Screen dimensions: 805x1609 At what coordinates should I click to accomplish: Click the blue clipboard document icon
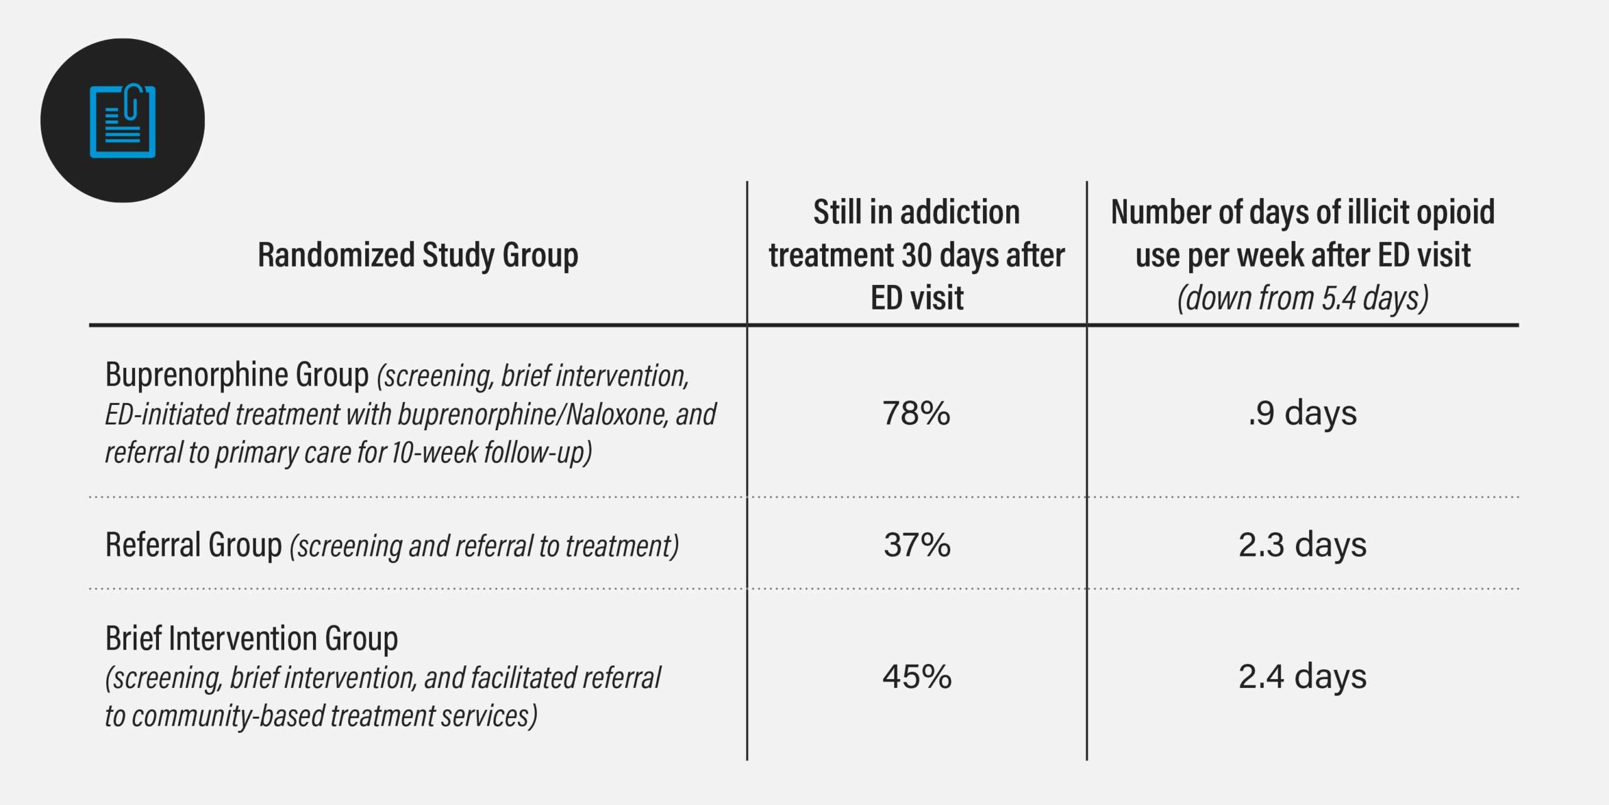tap(123, 121)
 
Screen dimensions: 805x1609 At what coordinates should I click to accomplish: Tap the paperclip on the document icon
tap(131, 101)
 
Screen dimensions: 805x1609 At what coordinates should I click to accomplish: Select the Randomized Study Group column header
tap(417, 255)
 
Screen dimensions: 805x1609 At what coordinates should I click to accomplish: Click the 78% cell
tap(916, 413)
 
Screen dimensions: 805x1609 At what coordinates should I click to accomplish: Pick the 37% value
tap(916, 545)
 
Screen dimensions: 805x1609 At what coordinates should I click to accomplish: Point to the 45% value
tap(916, 677)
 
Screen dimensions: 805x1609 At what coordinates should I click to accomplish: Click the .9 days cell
tap(1302, 413)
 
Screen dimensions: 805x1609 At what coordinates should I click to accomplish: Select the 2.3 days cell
tap(1302, 545)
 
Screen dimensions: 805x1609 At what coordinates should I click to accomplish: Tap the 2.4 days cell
tap(1302, 677)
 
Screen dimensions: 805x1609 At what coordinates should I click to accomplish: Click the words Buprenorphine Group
tap(236, 375)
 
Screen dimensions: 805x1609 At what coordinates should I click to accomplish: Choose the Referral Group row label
tap(193, 545)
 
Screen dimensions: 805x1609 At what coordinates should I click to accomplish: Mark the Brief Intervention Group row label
tap(251, 638)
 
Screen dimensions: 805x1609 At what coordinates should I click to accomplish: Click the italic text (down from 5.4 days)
tap(1302, 298)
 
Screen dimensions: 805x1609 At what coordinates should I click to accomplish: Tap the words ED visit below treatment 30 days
tap(916, 298)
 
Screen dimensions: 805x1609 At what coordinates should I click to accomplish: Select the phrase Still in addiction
tap(916, 212)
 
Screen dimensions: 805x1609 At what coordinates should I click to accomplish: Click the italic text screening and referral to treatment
tap(484, 546)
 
